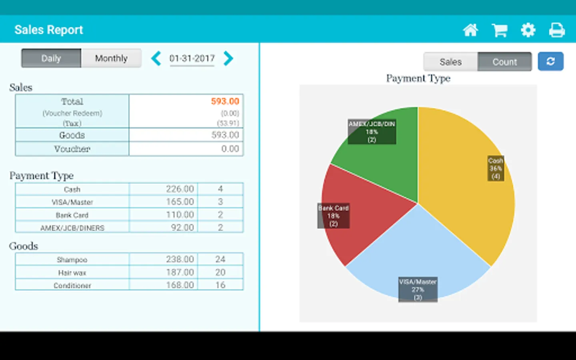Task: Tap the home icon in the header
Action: pyautogui.click(x=470, y=30)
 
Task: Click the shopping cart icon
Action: pyautogui.click(x=499, y=30)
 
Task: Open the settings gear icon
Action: pyautogui.click(x=528, y=30)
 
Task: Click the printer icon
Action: pyautogui.click(x=556, y=30)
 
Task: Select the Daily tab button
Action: pyautogui.click(x=51, y=58)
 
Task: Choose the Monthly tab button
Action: pyautogui.click(x=111, y=58)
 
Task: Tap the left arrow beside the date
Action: pyautogui.click(x=156, y=58)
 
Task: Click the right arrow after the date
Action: pyautogui.click(x=228, y=58)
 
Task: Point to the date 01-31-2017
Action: pyautogui.click(x=192, y=58)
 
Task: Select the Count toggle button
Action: pyautogui.click(x=504, y=62)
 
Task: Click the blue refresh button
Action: pyautogui.click(x=550, y=62)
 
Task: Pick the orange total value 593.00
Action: pyautogui.click(x=225, y=101)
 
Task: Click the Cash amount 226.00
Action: pyautogui.click(x=180, y=189)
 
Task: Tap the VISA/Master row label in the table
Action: pyautogui.click(x=72, y=202)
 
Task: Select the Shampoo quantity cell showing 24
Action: pyautogui.click(x=220, y=259)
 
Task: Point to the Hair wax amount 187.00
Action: pyautogui.click(x=180, y=272)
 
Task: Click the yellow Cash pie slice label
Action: pyautogui.click(x=496, y=168)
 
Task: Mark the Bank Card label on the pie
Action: pyautogui.click(x=334, y=216)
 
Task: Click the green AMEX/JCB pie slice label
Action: pyautogui.click(x=372, y=132)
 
